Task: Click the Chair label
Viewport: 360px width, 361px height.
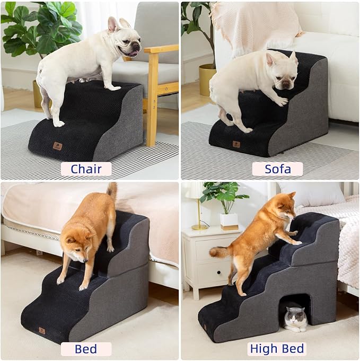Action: tap(86, 169)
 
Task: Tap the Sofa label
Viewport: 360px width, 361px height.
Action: tap(277, 169)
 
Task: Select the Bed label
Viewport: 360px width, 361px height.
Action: tap(86, 349)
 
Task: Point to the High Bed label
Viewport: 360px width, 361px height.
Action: tap(277, 349)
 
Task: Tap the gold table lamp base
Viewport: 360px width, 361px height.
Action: tap(200, 226)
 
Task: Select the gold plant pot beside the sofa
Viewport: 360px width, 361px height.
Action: tap(207, 80)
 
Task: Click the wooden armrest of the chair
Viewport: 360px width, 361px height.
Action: tap(160, 49)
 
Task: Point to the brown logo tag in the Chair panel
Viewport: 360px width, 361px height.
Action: tap(57, 146)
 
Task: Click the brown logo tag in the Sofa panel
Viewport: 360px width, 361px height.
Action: tap(236, 144)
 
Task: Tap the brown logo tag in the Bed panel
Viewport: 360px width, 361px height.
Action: tap(41, 331)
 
